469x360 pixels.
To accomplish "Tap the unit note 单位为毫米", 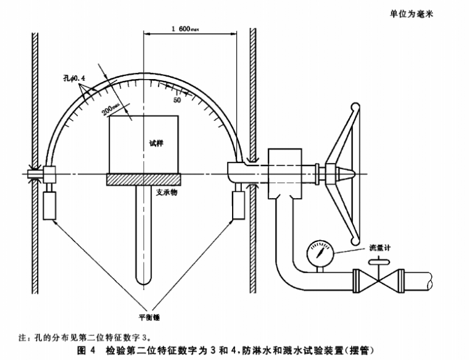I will (412, 14).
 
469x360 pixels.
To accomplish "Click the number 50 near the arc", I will (178, 99).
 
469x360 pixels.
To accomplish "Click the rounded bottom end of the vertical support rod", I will (144, 280).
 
